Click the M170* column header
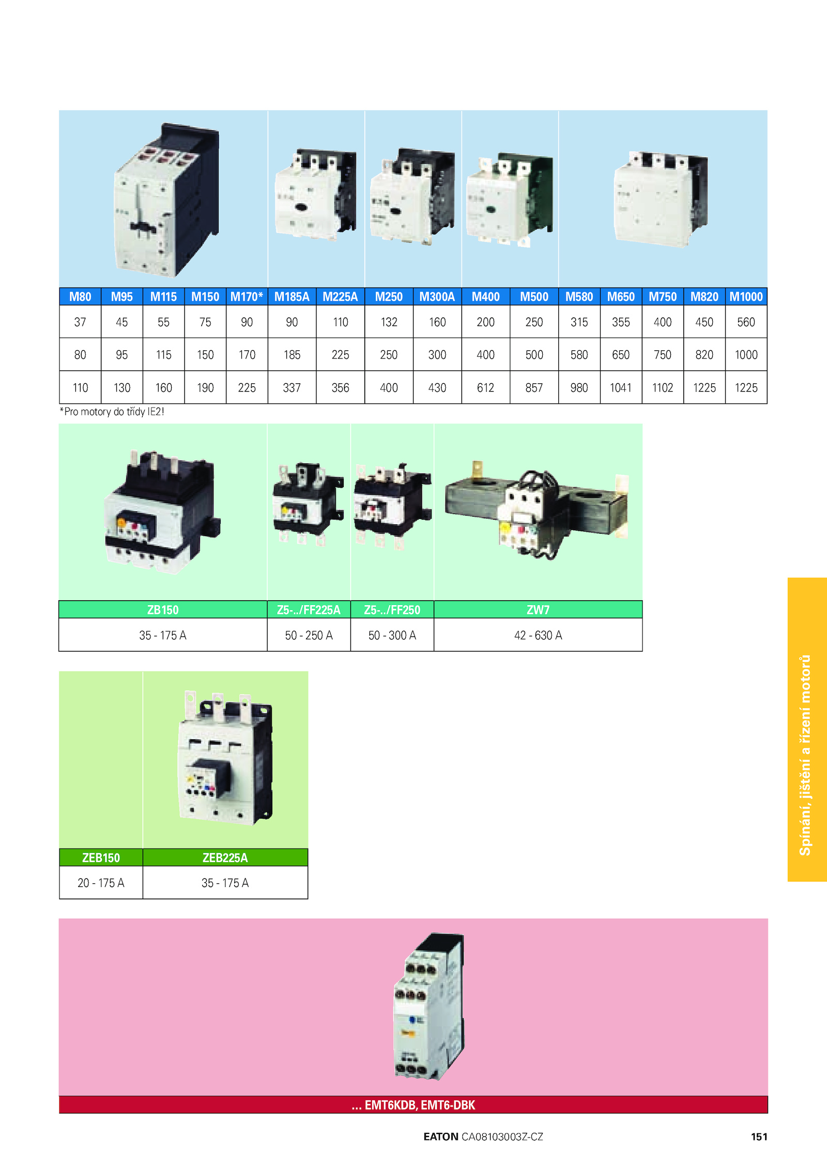247,297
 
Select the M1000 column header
746,297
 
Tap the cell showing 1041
621,387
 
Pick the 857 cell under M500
534,387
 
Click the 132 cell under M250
389,322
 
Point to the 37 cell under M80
80,322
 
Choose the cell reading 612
485,387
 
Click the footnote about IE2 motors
112,412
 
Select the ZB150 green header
163,610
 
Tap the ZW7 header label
538,610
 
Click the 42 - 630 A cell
538,635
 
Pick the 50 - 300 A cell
392,635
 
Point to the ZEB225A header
225,858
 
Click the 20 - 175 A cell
101,883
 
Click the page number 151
759,1136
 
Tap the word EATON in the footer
441,1136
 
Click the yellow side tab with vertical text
807,729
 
